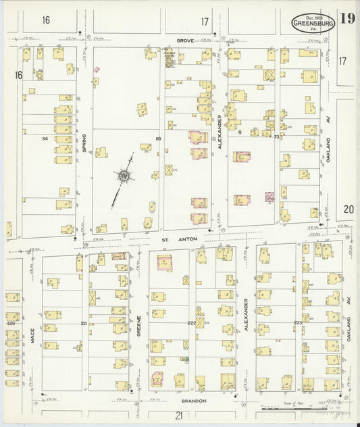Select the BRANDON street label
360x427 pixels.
192,401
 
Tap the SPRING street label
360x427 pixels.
84,143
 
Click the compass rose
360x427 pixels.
124,177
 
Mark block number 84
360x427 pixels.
45,139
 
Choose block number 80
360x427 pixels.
157,139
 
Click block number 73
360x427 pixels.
276,136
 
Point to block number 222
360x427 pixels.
191,323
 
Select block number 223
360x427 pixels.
297,323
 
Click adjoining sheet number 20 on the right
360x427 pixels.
348,209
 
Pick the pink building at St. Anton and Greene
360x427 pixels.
165,263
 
